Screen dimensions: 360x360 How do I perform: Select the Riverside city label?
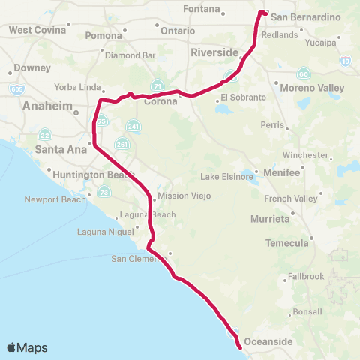(214, 52)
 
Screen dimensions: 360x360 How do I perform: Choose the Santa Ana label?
(55, 148)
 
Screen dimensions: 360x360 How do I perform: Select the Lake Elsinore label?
(226, 177)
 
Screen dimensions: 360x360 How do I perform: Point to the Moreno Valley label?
(312, 88)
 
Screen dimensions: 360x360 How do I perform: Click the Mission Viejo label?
(184, 196)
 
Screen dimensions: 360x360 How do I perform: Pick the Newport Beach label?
(55, 199)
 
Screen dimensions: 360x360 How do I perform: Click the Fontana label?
(202, 10)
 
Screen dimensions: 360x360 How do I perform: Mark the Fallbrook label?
(306, 276)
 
